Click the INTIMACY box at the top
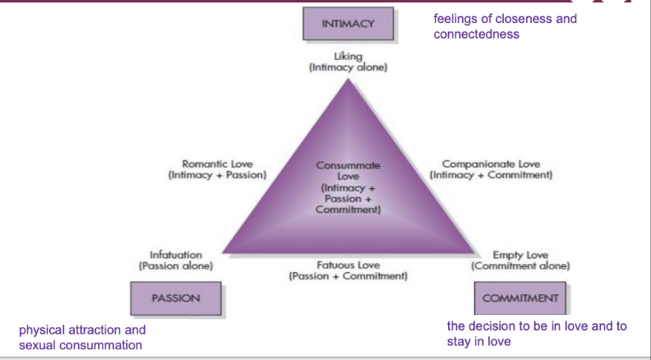[x=349, y=24]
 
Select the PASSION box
[x=176, y=298]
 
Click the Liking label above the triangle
[x=349, y=56]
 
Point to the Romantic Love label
[x=216, y=164]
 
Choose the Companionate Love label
[x=491, y=164]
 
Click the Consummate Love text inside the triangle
[x=349, y=170]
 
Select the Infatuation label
[x=176, y=255]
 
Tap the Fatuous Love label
[x=349, y=265]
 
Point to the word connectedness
[x=476, y=35]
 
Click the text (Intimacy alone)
[x=349, y=67]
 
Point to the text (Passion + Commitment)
[x=349, y=276]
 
